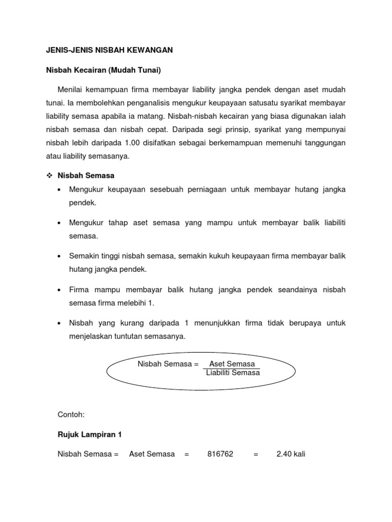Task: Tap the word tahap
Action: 116,223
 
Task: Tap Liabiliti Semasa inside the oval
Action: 233,373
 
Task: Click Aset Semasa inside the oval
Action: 232,364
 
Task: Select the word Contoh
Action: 71,415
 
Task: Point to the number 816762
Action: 220,454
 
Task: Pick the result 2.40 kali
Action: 290,454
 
